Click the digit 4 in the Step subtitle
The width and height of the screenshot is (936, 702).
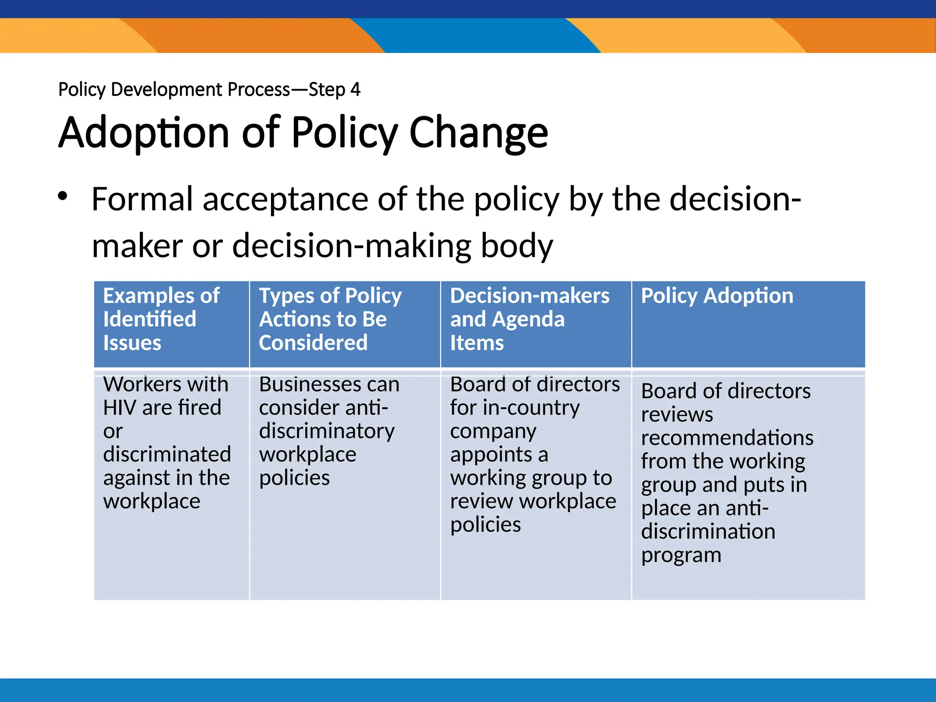(x=355, y=90)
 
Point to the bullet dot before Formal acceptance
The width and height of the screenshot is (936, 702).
(x=63, y=197)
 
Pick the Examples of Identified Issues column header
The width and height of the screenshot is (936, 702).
(x=161, y=319)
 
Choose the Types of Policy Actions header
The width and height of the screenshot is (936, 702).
(x=330, y=319)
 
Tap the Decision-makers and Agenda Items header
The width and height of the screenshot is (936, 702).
(x=529, y=319)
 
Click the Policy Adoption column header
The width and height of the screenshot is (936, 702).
(x=717, y=296)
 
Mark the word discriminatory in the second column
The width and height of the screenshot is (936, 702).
(x=326, y=431)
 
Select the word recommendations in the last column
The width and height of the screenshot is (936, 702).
(x=727, y=438)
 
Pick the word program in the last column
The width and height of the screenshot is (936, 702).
(x=681, y=555)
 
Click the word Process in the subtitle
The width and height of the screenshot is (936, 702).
(x=259, y=90)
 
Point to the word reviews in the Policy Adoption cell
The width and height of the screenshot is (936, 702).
(x=676, y=415)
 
